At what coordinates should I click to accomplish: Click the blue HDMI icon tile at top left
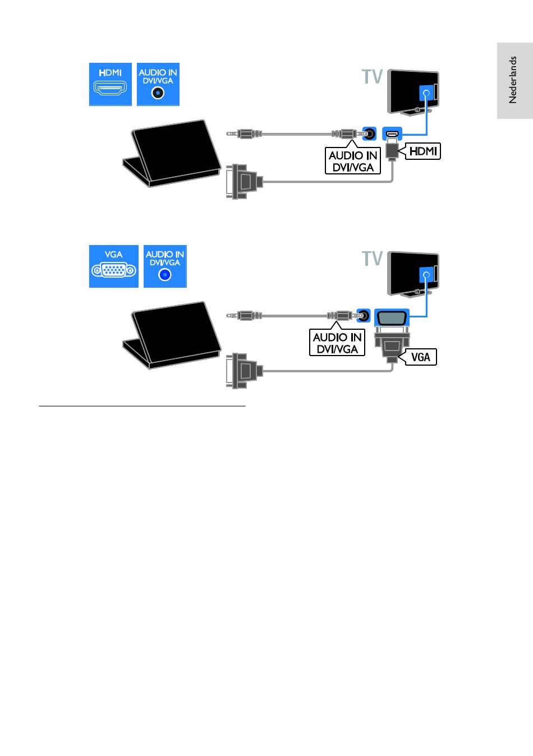tap(111, 84)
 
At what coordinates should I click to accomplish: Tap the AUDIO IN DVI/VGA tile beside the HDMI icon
tap(158, 84)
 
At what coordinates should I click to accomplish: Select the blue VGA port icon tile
tap(113, 266)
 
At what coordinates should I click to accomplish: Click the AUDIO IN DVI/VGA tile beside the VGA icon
tap(165, 266)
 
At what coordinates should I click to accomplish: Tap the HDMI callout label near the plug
tap(422, 151)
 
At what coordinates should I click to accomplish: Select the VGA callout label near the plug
tap(420, 356)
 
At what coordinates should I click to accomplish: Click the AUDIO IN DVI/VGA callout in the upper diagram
tap(353, 161)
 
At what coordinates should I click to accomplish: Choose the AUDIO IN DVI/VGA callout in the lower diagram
tap(337, 343)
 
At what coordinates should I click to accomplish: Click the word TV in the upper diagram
tap(371, 76)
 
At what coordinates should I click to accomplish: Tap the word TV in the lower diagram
tap(371, 259)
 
